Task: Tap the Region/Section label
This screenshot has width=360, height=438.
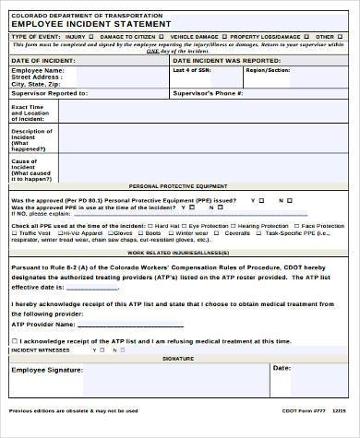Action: [261, 69]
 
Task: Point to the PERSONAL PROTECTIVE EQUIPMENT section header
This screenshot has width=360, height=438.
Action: [180, 184]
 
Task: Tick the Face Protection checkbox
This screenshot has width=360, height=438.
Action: [296, 225]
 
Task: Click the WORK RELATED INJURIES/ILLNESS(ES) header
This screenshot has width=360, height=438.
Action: [180, 251]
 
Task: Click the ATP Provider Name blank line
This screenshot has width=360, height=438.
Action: [138, 325]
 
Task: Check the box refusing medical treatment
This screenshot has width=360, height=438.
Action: [8, 339]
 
